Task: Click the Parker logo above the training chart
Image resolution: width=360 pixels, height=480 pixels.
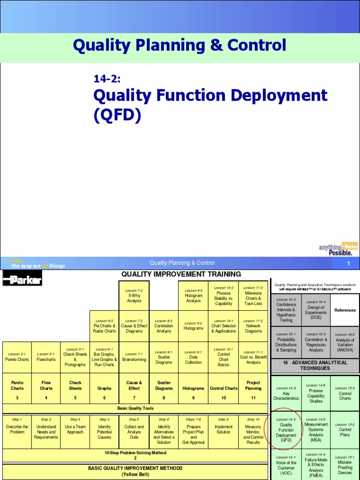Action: tap(22, 280)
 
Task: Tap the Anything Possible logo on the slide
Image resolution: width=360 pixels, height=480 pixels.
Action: tap(338, 249)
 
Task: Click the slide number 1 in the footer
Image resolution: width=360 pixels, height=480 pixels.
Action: tap(348, 263)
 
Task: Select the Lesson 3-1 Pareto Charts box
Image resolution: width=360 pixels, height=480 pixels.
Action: tap(17, 357)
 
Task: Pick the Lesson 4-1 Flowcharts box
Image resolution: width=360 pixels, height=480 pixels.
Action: tap(46, 357)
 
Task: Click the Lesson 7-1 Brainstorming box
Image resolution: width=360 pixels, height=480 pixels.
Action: tap(134, 357)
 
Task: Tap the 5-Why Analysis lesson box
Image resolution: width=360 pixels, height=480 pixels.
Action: tap(134, 296)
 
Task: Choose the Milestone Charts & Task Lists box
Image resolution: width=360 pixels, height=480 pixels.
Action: tap(253, 296)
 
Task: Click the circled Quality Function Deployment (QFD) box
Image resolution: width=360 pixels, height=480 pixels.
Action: tap(286, 430)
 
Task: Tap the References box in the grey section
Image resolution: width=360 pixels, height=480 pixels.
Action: tap(345, 310)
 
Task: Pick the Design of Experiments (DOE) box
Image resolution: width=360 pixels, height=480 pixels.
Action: tap(316, 310)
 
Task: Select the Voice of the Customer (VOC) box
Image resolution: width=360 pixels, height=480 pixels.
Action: tap(286, 465)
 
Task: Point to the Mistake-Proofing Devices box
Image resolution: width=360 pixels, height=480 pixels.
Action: tap(345, 465)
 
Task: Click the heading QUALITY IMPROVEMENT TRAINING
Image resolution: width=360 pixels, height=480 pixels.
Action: tap(181, 274)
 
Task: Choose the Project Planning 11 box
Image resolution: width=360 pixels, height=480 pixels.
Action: tap(253, 388)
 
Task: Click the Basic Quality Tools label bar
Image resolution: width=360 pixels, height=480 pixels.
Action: tap(135, 408)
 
